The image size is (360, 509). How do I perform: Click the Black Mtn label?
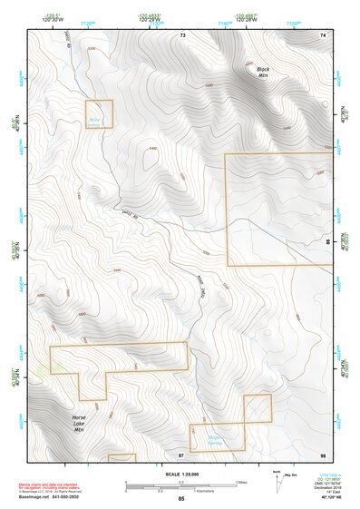[263, 73]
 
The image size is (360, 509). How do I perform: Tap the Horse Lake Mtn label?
[79, 424]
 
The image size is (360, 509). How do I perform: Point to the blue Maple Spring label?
[216, 441]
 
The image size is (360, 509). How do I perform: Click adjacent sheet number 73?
[182, 34]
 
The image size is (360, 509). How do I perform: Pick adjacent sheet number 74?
[322, 34]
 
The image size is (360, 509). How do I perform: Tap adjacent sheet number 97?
[181, 452]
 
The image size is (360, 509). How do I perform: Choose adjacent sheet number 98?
[322, 452]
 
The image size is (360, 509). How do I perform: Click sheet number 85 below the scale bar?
[181, 499]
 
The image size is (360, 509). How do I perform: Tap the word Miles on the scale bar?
[242, 482]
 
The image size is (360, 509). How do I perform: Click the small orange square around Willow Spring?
[99, 113]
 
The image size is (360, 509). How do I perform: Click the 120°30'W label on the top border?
[51, 20]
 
